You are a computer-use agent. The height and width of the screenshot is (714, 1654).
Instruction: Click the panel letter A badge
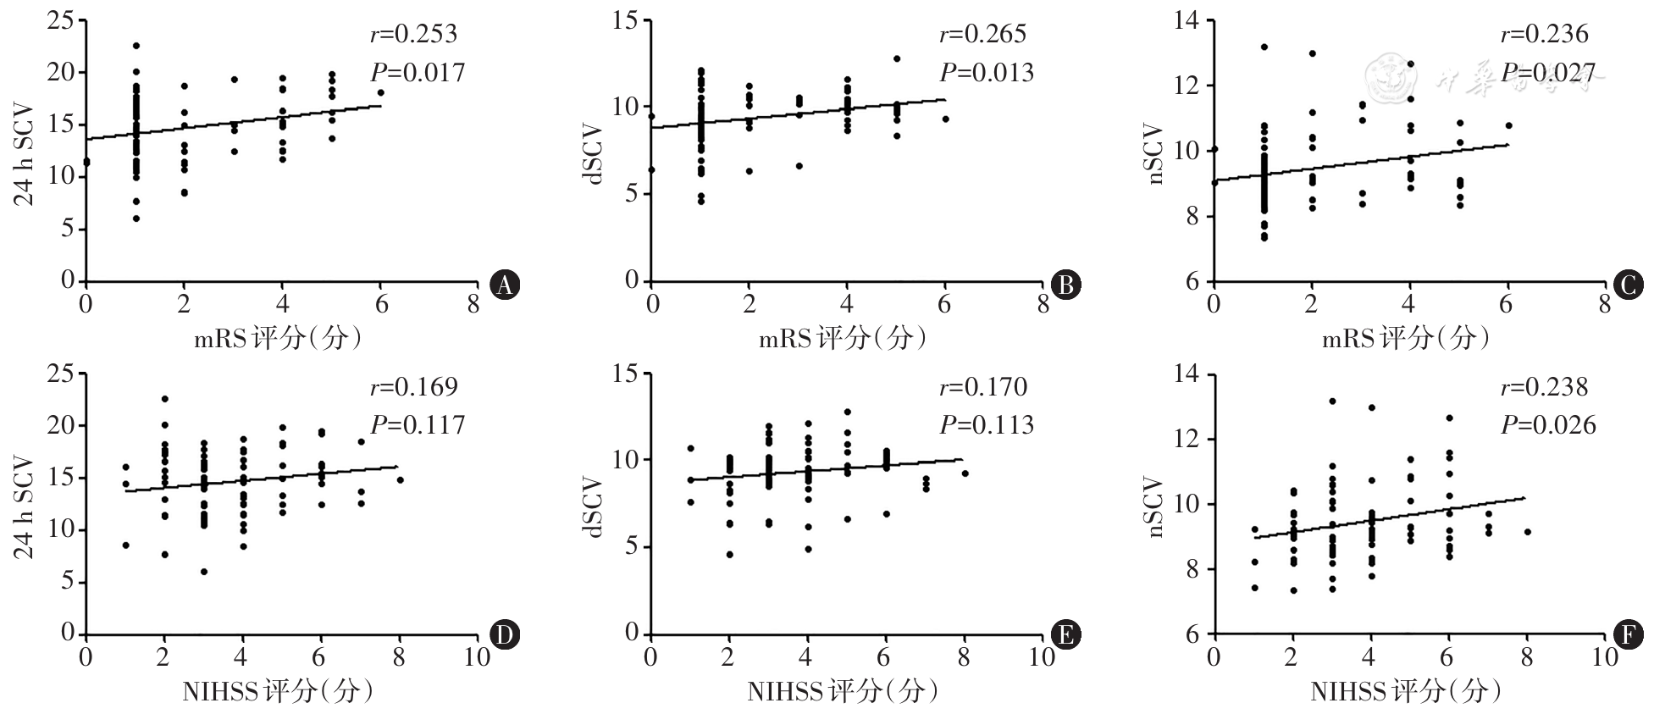pyautogui.click(x=505, y=285)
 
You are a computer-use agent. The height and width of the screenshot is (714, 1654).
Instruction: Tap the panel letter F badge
pyautogui.click(x=1629, y=635)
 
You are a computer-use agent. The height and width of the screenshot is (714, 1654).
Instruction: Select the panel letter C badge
pyautogui.click(x=1629, y=285)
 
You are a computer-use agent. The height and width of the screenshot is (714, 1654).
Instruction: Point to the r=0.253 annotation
pyautogui.click(x=413, y=34)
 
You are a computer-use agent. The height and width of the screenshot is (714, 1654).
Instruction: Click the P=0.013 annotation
pyautogui.click(x=986, y=73)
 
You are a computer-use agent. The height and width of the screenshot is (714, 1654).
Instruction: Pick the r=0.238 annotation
pyautogui.click(x=1544, y=387)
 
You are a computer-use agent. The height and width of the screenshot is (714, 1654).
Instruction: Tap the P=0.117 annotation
pyautogui.click(x=418, y=424)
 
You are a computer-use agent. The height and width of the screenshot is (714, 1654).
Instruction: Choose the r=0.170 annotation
pyautogui.click(x=982, y=387)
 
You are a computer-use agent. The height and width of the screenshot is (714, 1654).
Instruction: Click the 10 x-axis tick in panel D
pyautogui.click(x=477, y=657)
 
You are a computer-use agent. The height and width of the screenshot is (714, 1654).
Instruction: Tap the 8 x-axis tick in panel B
pyautogui.click(x=1043, y=304)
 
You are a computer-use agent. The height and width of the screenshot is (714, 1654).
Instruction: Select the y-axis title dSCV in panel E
pyautogui.click(x=595, y=507)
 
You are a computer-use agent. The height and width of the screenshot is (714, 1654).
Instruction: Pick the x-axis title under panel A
pyautogui.click(x=279, y=339)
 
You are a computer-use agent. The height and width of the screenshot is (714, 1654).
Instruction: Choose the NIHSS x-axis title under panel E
pyautogui.click(x=842, y=692)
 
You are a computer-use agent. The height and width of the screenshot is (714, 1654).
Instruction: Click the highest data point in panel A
pyautogui.click(x=136, y=46)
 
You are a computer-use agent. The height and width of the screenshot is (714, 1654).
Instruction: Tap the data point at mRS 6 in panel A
pyautogui.click(x=380, y=93)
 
